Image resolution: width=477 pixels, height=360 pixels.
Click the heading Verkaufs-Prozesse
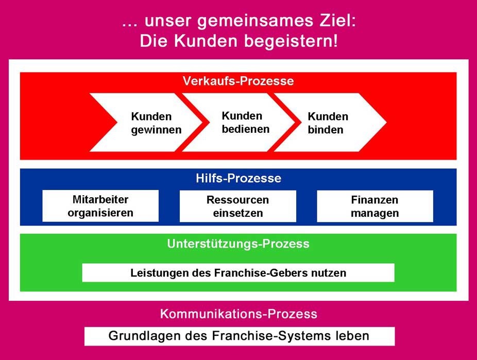tap(238, 81)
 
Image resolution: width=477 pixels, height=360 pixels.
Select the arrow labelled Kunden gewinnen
tap(149, 123)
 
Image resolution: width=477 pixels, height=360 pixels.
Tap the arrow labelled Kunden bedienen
tap(242, 123)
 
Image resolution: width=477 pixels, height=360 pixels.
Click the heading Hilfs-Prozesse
tap(238, 179)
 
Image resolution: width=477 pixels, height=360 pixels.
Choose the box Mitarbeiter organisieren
tap(100, 206)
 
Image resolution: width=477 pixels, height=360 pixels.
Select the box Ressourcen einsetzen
tap(238, 207)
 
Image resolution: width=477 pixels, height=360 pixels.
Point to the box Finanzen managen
tap(375, 207)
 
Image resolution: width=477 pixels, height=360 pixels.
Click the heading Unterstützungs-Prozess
tap(238, 244)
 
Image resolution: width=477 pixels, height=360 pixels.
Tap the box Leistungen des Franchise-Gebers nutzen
tap(238, 273)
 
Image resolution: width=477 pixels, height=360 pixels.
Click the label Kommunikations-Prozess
tap(238, 314)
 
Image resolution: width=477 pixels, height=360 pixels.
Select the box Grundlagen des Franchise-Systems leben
tap(239, 336)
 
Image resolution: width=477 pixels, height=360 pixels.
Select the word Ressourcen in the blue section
tap(238, 200)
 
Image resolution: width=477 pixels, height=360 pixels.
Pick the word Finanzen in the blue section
tap(375, 200)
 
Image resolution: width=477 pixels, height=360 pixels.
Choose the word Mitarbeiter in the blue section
tap(100, 199)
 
